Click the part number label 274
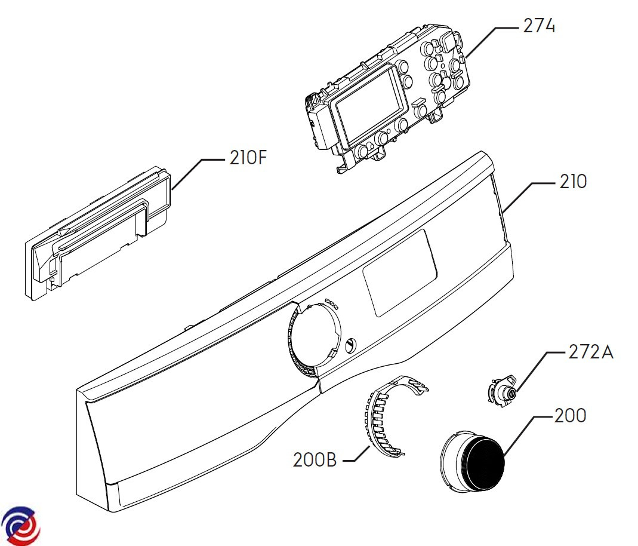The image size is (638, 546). tap(539, 26)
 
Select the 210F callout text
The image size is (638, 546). tap(248, 158)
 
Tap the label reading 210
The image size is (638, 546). tap(573, 182)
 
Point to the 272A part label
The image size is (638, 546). tap(590, 352)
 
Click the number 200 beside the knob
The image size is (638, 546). tap(570, 415)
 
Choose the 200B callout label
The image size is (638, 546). tap(315, 460)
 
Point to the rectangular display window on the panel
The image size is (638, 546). tap(399, 272)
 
